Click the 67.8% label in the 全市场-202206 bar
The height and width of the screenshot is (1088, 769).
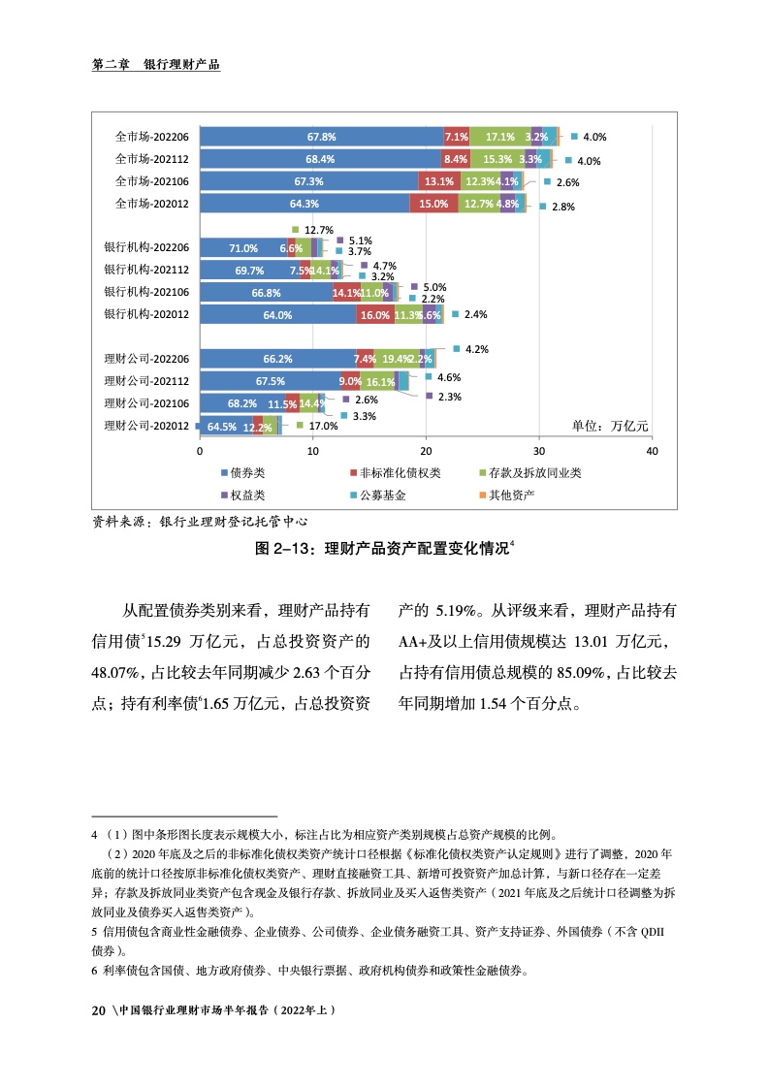(x=322, y=137)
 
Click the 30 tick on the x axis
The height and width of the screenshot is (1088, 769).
(x=539, y=451)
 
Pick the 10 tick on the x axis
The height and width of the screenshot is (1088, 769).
(x=313, y=451)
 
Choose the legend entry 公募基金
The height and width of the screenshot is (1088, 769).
(x=382, y=495)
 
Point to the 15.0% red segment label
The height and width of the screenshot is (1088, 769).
(x=433, y=204)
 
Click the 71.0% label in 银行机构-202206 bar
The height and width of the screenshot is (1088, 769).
(x=243, y=248)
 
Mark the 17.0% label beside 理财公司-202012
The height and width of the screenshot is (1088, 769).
(x=323, y=426)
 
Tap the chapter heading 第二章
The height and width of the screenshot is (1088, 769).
(x=110, y=65)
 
